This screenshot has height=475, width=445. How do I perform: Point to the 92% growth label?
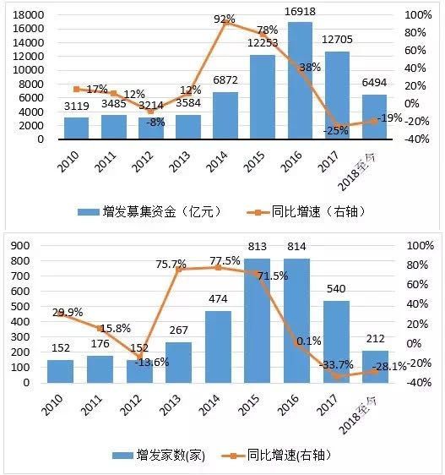coord(225,19)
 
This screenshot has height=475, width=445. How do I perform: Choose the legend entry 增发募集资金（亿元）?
coord(147,210)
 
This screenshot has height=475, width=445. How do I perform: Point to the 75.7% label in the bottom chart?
coord(171,265)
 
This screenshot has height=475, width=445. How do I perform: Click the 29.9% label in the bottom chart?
coord(68,312)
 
